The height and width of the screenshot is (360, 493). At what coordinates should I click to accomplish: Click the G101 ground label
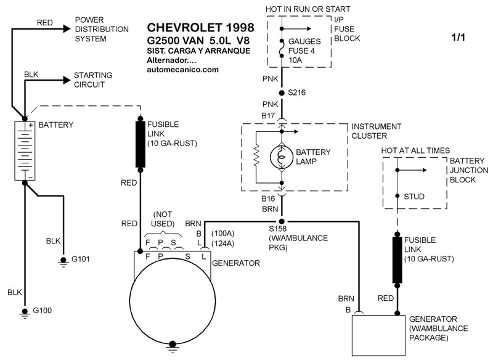(x=80, y=259)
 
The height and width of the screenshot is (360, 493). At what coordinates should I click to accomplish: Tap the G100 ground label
(x=42, y=310)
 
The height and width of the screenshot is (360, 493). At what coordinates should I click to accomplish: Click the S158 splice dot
(x=282, y=221)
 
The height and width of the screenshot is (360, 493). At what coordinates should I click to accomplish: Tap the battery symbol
(x=25, y=150)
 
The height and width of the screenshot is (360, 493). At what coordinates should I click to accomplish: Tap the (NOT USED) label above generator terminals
(x=163, y=219)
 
